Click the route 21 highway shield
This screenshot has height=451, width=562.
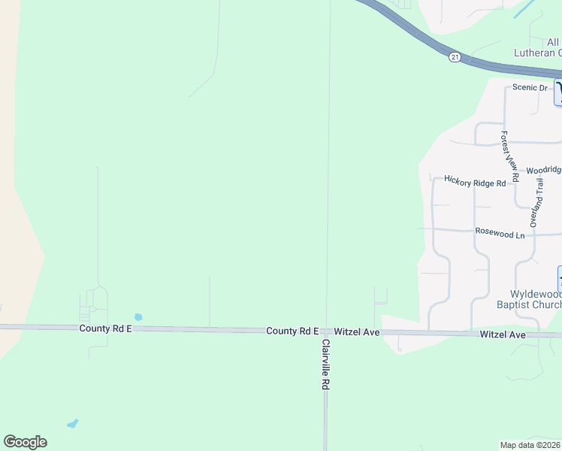[455, 57]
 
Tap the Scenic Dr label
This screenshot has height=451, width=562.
[530, 87]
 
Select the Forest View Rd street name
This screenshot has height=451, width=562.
[509, 157]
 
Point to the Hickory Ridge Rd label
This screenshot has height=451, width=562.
[475, 181]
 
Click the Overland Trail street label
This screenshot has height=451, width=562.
[536, 203]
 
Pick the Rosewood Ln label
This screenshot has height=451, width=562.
[500, 234]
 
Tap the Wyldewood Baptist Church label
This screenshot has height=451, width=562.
[525, 299]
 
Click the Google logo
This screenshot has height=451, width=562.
[25, 442]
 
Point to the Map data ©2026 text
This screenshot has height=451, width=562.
[530, 445]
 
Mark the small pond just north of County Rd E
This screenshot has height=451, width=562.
[137, 317]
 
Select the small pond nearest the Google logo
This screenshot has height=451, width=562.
[72, 424]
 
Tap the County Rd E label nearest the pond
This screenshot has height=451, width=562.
[106, 328]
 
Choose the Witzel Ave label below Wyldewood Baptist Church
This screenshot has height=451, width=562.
[503, 334]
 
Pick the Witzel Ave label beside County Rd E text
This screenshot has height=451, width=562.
[357, 331]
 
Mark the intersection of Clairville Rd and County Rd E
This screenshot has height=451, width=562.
[326, 331]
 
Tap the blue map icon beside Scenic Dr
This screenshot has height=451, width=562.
[558, 92]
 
